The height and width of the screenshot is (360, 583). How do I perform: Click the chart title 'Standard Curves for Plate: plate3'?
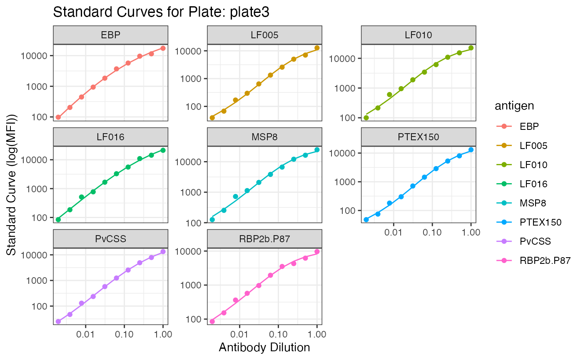161,12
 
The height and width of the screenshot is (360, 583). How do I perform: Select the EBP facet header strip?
110,35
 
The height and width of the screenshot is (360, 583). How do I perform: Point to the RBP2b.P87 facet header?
264,238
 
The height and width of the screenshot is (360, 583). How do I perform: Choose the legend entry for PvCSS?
531,241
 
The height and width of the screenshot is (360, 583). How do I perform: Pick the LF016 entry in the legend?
533,184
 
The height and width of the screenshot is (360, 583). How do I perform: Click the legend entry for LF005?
533,146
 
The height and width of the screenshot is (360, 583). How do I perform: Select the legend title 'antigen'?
514,107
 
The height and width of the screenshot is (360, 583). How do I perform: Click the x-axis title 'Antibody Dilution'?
264,347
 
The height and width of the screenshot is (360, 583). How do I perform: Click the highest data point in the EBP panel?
163,48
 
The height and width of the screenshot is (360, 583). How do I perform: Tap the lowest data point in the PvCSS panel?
58,321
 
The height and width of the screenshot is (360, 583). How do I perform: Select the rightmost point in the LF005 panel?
317,48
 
